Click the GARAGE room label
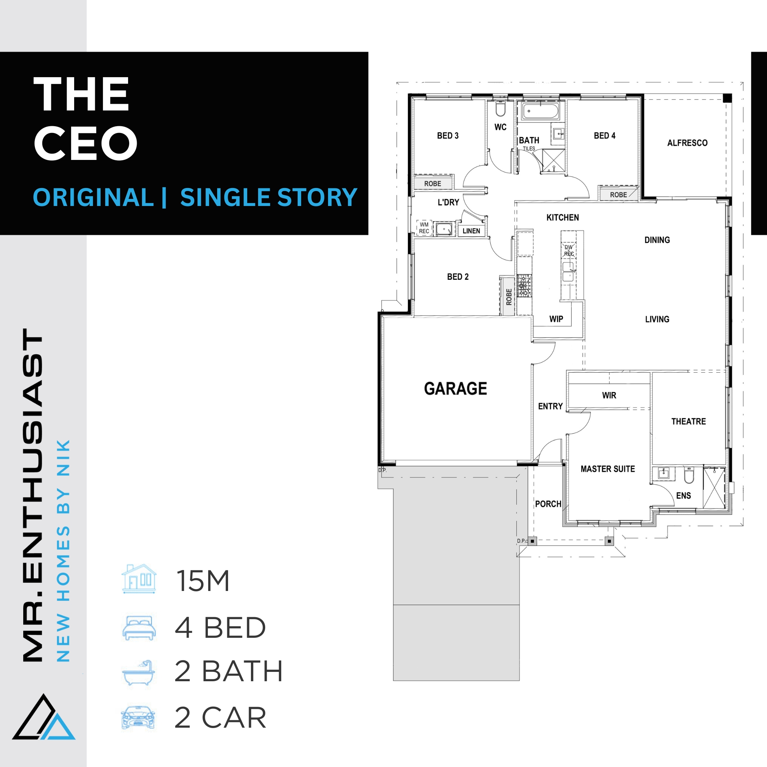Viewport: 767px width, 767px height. click(x=455, y=388)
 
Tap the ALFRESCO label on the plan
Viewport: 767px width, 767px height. click(x=687, y=143)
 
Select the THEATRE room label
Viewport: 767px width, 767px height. click(x=688, y=421)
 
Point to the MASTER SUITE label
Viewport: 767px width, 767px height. click(x=607, y=469)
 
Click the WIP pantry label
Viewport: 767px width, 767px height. click(x=556, y=319)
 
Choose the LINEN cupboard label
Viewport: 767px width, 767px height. click(x=471, y=231)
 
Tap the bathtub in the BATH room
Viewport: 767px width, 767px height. click(x=540, y=111)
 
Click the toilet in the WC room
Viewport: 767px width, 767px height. click(x=500, y=108)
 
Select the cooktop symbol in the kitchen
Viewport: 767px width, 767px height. click(x=524, y=285)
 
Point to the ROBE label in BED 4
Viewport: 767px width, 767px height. click(x=619, y=194)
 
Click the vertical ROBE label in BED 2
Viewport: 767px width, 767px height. click(x=509, y=297)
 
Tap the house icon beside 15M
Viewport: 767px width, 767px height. click(x=139, y=579)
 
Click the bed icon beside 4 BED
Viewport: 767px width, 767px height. click(x=139, y=628)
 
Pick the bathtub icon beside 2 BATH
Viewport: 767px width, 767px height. click(x=139, y=673)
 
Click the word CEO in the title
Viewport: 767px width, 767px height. click(x=86, y=143)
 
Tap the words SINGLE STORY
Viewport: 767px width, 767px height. click(x=269, y=197)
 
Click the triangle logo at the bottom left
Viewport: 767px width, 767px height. click(x=44, y=716)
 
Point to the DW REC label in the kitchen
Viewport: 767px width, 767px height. click(x=569, y=250)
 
